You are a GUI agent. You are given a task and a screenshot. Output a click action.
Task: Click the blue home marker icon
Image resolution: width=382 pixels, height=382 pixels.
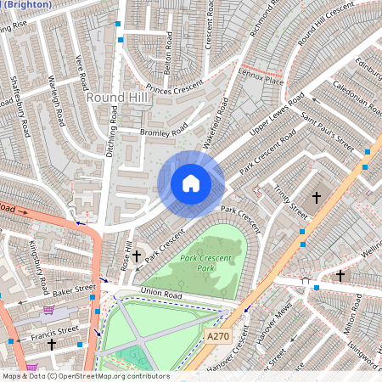click(x=191, y=183)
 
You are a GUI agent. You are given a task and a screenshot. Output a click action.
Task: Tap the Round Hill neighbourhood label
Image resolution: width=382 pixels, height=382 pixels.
click(x=118, y=98)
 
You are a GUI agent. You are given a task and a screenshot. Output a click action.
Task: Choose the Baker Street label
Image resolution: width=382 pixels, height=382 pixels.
click(x=68, y=294)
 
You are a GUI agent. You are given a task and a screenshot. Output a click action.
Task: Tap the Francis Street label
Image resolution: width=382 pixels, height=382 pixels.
click(x=54, y=330)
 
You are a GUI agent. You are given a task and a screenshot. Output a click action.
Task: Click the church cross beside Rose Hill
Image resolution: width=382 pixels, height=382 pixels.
click(x=136, y=256)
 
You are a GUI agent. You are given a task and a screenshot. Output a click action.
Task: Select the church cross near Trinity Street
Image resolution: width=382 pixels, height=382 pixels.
click(x=317, y=198)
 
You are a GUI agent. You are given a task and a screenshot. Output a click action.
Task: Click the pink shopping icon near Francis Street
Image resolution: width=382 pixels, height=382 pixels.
click(x=31, y=368)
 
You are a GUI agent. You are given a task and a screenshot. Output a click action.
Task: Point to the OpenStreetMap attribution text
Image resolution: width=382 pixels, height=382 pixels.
click(x=85, y=376)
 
